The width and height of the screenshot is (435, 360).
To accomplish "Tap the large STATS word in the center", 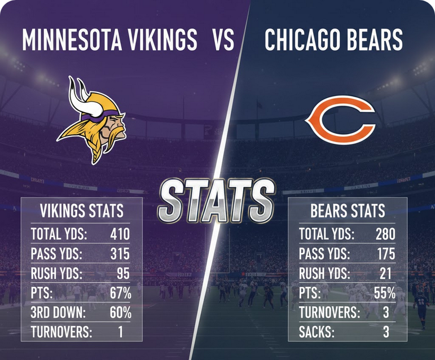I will pos(217,201).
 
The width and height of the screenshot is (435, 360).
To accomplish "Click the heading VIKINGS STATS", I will pos(82,212).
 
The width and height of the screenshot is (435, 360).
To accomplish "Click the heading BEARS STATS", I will pos(348,212).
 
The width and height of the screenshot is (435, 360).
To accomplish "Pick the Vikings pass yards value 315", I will pos(120,254).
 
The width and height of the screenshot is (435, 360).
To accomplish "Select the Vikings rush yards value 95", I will pos(122,274).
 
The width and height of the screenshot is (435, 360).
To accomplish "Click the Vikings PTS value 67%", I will pos(120,293).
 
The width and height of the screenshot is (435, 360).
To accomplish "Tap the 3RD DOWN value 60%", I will pos(120,312).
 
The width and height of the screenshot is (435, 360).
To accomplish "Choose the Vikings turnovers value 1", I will pos(120,332).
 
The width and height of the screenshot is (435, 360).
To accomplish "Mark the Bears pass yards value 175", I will pos(386,254).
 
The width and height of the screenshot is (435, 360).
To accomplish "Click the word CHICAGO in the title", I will pos(297,39).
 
